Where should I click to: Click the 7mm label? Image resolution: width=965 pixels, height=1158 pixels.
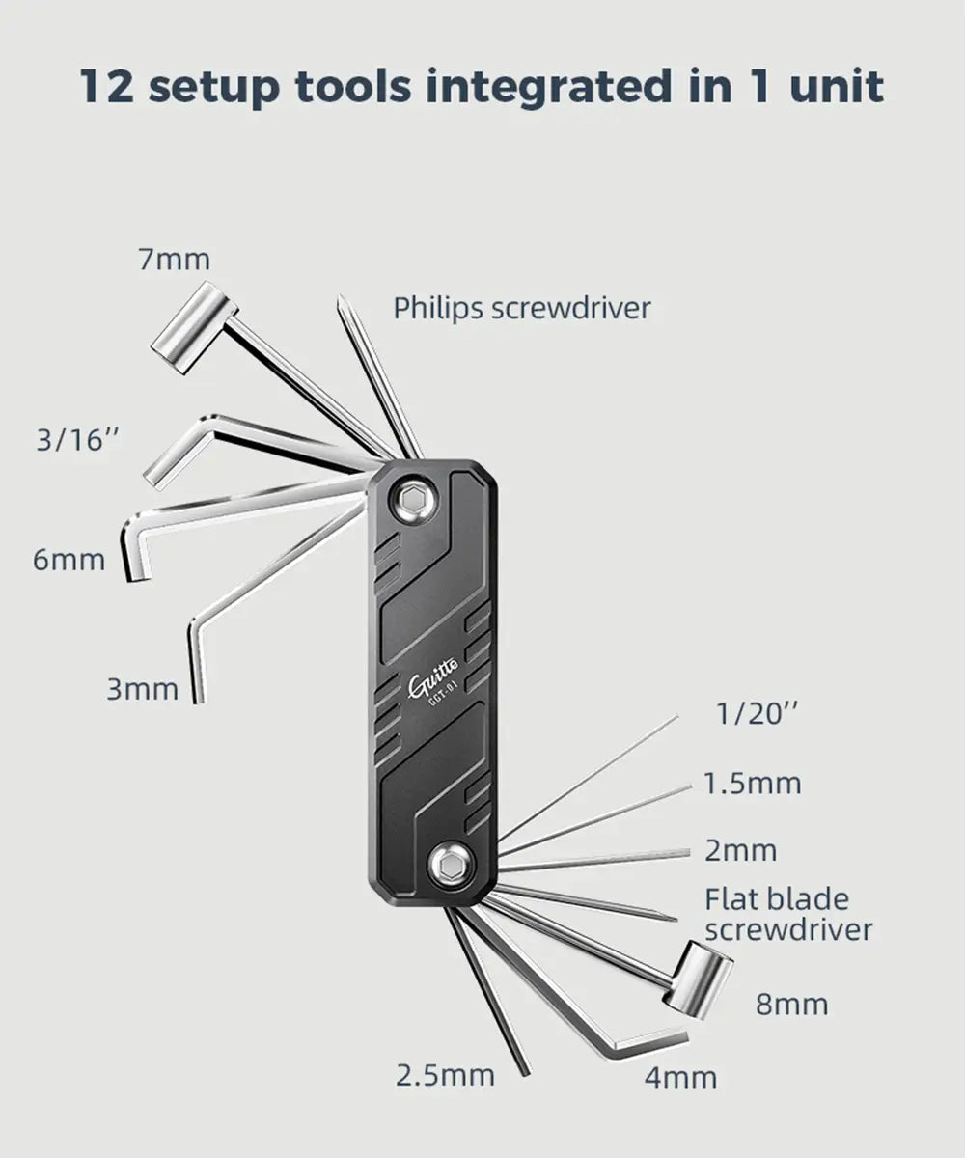click(174, 260)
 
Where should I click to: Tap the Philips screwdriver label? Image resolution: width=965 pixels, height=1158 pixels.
click(522, 309)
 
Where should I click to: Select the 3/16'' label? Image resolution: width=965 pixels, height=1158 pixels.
click(77, 440)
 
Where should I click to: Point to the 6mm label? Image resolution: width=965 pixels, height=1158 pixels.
click(69, 560)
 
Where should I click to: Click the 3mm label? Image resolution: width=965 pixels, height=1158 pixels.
click(143, 689)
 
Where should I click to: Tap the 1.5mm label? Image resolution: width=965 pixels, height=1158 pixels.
click(753, 784)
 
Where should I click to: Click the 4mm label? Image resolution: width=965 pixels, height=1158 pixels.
click(680, 1077)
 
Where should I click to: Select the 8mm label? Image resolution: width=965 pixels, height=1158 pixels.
click(792, 1004)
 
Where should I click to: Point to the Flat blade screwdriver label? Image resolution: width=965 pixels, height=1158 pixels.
click(788, 915)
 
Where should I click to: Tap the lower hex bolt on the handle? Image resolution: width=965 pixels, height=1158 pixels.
click(450, 867)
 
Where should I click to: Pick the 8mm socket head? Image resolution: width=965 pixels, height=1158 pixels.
click(699, 980)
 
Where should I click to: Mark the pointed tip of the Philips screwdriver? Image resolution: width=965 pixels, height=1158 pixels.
click(340, 299)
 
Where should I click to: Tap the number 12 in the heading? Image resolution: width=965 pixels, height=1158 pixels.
click(107, 87)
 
